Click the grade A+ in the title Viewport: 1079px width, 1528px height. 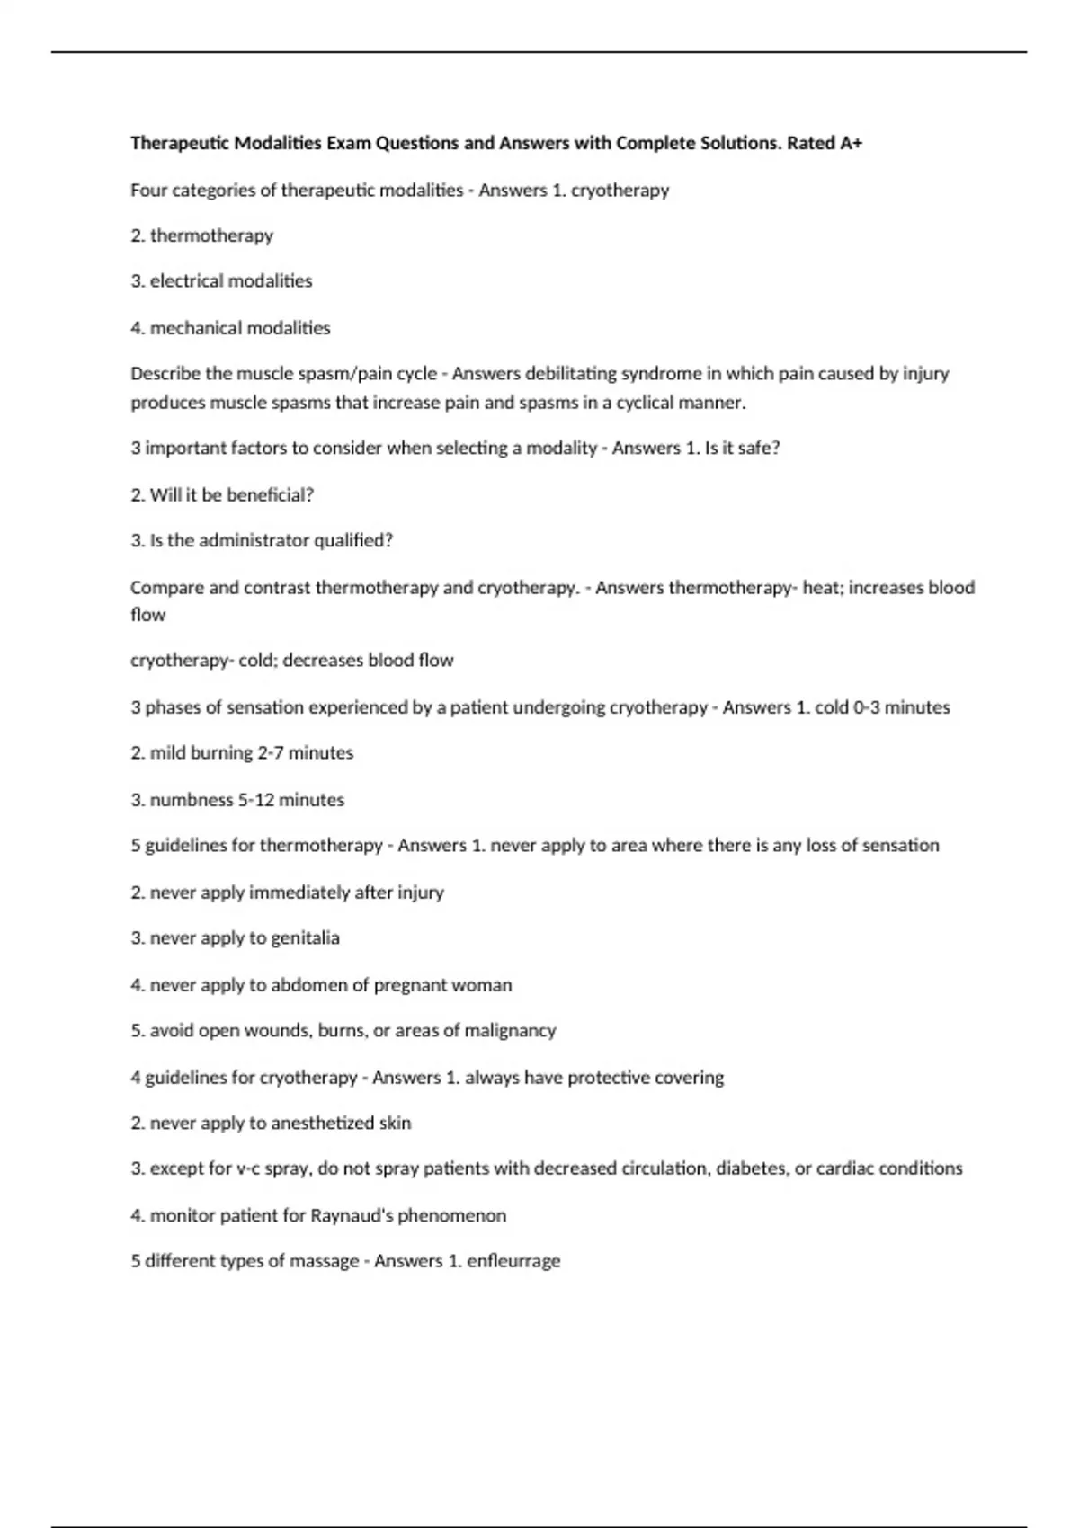pyautogui.click(x=851, y=143)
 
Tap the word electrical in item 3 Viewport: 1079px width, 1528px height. pyautogui.click(x=186, y=281)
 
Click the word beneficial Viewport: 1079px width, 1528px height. pyautogui.click(x=271, y=495)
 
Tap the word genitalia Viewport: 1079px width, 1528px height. pyautogui.click(x=305, y=938)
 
